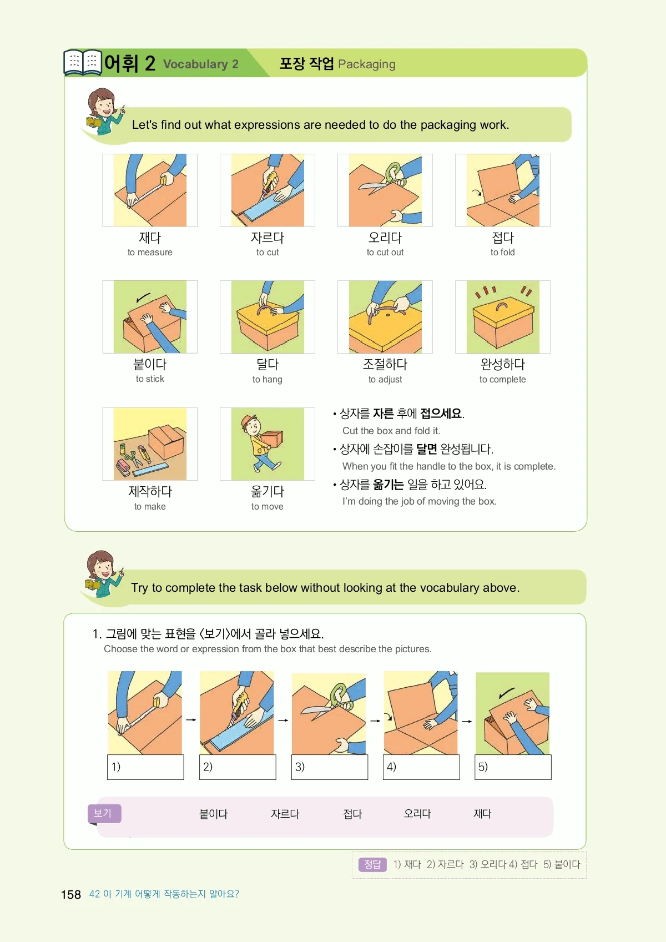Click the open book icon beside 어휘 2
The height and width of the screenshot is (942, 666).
click(x=83, y=62)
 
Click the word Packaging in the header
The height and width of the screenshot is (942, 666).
click(x=367, y=64)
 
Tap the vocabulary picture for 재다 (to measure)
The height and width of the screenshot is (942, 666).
click(x=150, y=190)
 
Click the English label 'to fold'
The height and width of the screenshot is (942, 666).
click(x=502, y=253)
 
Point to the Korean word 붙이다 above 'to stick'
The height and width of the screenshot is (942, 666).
click(x=150, y=364)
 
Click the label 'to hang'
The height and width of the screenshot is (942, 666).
click(x=268, y=379)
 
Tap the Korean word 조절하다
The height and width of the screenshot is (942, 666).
click(x=385, y=364)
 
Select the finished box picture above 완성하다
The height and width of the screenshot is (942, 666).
click(x=503, y=317)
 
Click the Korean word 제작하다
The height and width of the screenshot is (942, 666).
click(x=150, y=491)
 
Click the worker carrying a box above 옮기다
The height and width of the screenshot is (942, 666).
click(x=263, y=443)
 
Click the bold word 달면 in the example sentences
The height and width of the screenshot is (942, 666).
click(x=426, y=449)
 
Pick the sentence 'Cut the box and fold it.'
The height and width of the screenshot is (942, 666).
click(x=391, y=431)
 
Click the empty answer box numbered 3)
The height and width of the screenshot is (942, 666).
click(x=330, y=767)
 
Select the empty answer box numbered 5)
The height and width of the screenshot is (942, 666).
click(x=513, y=767)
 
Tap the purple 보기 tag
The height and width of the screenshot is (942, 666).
click(x=104, y=813)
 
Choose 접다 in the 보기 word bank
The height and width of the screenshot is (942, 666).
click(x=352, y=814)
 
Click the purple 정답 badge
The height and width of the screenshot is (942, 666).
click(x=372, y=864)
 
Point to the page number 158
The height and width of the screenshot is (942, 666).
click(x=70, y=894)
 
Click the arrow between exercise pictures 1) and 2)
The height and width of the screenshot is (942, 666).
click(x=191, y=720)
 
